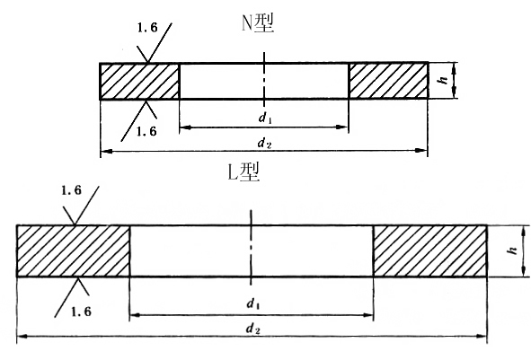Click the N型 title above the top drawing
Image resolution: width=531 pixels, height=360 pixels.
coord(258,23)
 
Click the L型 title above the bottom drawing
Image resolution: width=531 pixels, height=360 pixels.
coord(243,171)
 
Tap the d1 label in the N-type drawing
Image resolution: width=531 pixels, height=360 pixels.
coord(265,118)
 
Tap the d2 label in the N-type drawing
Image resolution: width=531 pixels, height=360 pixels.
coord(264,143)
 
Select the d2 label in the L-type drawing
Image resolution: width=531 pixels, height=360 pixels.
coord(252,329)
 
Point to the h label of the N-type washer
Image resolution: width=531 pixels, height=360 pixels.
coord(443,80)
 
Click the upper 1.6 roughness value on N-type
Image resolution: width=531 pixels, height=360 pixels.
coord(147,28)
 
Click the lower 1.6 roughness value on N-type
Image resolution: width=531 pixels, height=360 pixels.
coord(146,131)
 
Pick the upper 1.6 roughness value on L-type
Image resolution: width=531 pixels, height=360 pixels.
coord(72,190)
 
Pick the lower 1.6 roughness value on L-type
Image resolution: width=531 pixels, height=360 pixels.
coord(81,312)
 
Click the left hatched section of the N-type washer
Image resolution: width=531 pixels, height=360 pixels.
coord(139,81)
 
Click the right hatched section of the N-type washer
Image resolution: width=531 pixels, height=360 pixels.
coord(389,81)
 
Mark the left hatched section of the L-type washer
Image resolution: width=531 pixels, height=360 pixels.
coord(73,250)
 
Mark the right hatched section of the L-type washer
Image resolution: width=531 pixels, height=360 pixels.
coord(430,250)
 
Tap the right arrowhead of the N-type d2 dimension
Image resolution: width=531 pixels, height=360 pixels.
coord(423,150)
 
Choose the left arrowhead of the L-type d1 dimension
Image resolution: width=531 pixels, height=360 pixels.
coord(135,315)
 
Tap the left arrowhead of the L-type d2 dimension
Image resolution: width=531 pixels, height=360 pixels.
coord(22,337)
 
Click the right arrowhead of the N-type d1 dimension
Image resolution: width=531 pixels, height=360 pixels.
coord(342,127)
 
